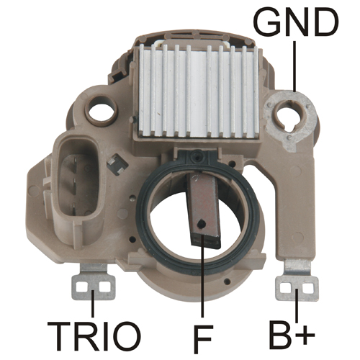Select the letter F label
203,337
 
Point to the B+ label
292,334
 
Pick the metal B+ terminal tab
297,280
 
